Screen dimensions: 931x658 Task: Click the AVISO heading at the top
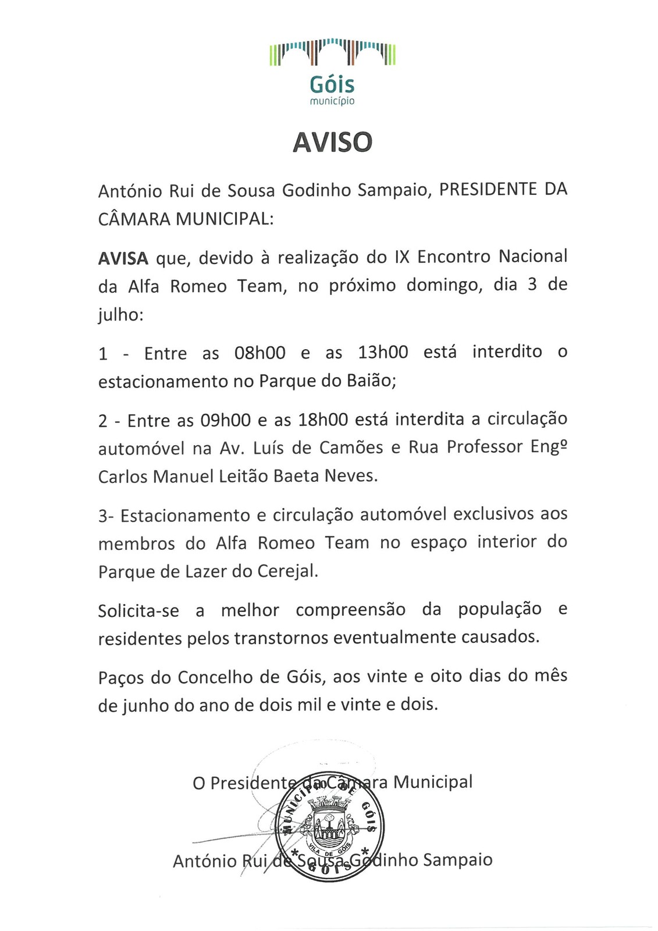332,142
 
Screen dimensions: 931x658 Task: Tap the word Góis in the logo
332,85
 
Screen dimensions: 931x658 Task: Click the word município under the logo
332,101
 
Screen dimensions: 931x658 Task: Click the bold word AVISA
123,258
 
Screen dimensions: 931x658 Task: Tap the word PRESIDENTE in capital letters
486,190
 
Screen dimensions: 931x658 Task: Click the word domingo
440,286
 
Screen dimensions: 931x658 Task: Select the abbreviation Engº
549,448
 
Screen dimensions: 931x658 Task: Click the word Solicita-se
138,611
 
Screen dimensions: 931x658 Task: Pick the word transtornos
282,638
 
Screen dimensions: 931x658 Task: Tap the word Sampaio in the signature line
457,860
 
